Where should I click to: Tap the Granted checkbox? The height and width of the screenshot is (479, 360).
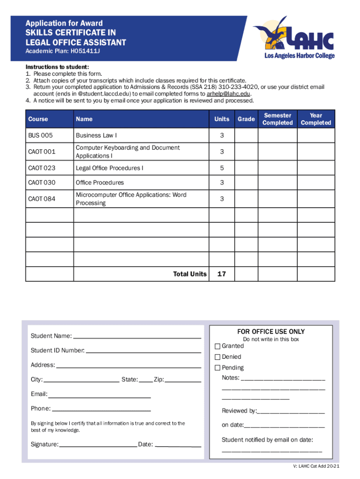click(x=217, y=346)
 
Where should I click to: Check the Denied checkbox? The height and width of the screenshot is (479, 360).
click(x=217, y=357)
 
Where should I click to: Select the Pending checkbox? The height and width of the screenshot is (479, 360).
click(x=217, y=368)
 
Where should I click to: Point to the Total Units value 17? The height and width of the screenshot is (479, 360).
click(x=222, y=274)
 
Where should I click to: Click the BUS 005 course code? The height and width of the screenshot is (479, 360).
click(x=41, y=135)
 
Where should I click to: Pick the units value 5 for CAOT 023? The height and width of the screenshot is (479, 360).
click(x=222, y=167)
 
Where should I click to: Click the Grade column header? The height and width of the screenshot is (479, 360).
click(x=246, y=119)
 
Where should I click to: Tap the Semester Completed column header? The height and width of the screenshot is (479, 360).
click(x=277, y=119)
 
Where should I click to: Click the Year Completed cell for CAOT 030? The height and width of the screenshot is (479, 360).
click(x=316, y=182)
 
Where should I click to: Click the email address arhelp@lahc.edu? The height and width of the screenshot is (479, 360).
click(x=225, y=94)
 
